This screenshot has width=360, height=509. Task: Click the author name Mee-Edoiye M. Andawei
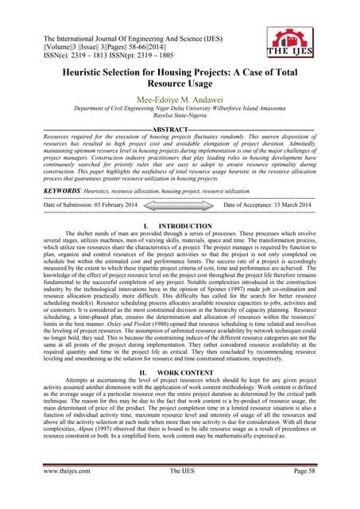(x=180, y=112)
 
